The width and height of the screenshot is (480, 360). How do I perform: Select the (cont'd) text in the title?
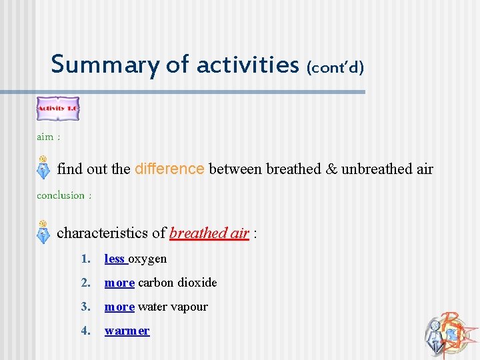(x=335, y=67)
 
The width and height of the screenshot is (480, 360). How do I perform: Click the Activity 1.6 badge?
(x=57, y=108)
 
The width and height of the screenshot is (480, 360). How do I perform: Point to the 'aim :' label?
(x=48, y=137)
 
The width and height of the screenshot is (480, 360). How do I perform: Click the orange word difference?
(x=169, y=169)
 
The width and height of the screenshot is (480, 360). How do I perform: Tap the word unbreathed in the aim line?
(x=372, y=169)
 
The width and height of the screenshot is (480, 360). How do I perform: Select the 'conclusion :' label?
(x=64, y=195)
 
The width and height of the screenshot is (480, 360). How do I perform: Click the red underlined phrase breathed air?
(x=209, y=233)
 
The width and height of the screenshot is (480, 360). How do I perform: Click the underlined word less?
(x=115, y=259)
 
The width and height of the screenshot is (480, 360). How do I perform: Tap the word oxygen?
(x=148, y=259)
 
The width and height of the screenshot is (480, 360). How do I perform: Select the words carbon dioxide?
(x=177, y=283)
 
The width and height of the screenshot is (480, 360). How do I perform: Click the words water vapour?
(x=173, y=307)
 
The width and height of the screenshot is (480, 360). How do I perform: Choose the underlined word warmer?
(x=127, y=331)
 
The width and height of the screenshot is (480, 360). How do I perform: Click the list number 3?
(x=84, y=307)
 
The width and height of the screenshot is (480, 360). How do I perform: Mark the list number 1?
(x=84, y=259)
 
